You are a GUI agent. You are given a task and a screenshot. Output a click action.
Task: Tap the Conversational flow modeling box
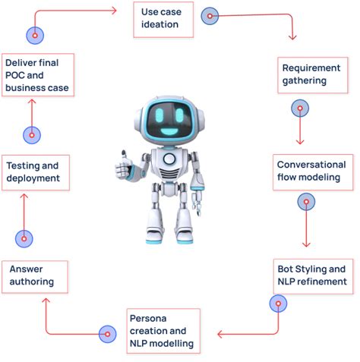(311, 172)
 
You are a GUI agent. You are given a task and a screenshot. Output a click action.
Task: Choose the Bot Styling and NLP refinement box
(311, 275)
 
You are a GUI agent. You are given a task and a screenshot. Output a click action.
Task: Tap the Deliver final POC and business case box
(37, 75)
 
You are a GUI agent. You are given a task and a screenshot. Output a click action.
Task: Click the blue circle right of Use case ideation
(210, 15)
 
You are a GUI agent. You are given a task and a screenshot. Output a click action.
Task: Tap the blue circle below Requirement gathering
(301, 108)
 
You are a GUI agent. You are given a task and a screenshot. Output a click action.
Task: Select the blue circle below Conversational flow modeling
(306, 202)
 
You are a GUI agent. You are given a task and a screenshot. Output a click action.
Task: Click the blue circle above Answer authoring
(24, 238)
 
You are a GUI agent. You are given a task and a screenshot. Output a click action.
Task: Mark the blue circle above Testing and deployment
(31, 135)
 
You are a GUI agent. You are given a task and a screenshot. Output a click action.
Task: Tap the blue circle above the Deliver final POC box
(35, 34)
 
